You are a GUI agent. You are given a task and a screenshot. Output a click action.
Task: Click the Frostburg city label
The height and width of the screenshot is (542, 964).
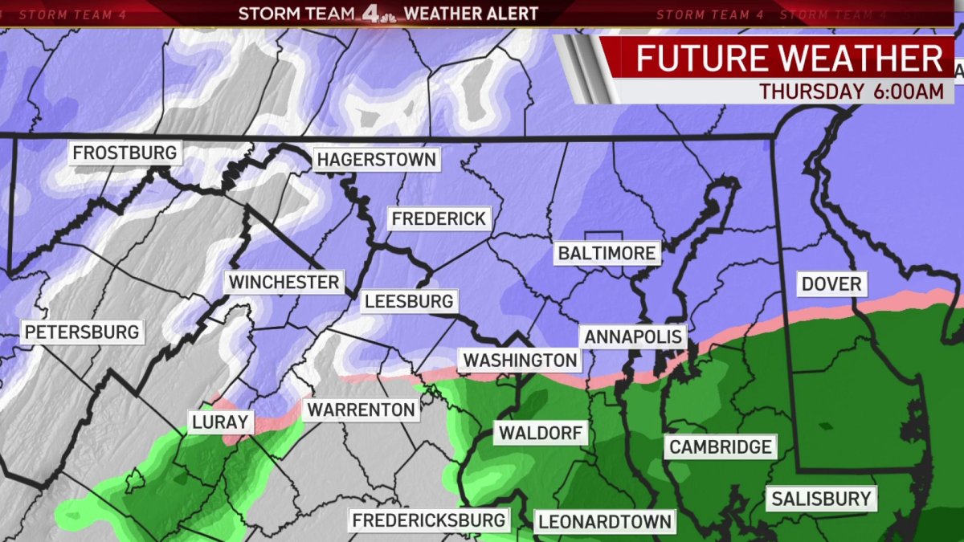(x=125, y=153)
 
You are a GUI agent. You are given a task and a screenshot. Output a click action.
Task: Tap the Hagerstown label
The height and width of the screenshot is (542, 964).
(x=376, y=159)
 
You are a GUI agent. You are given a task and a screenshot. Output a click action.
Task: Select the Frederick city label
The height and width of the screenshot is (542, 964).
(x=439, y=218)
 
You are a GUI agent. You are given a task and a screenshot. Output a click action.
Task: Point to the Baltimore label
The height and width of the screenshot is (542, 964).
(x=607, y=253)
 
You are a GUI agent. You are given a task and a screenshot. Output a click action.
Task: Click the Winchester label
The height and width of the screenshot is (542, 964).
(x=284, y=282)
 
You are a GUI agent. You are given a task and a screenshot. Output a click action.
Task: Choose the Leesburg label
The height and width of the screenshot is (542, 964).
(x=409, y=302)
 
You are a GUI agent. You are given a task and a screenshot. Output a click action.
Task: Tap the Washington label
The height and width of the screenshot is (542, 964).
(x=520, y=361)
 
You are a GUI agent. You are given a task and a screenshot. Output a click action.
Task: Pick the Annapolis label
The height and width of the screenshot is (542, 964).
(x=633, y=336)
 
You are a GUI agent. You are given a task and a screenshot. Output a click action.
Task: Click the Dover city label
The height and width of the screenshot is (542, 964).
(x=831, y=283)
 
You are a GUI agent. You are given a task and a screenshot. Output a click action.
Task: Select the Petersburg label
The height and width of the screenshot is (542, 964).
(x=81, y=332)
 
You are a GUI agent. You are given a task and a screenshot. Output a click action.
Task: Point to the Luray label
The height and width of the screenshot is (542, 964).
(x=219, y=422)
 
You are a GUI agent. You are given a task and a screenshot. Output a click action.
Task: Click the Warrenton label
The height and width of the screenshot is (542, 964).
(x=361, y=410)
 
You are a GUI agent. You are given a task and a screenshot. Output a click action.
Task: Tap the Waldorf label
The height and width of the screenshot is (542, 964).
(x=541, y=434)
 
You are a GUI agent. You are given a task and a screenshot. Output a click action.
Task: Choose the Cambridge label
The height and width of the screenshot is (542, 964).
(x=721, y=446)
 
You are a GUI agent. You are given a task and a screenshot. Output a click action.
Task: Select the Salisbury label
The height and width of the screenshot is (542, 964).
(x=821, y=499)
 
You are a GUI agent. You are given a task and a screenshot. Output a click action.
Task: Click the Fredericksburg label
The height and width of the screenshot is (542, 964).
(x=430, y=520)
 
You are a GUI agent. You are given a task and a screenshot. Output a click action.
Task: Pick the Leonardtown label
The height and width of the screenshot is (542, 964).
(x=605, y=521)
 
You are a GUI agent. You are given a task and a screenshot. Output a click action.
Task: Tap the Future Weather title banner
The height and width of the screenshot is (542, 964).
(x=790, y=59)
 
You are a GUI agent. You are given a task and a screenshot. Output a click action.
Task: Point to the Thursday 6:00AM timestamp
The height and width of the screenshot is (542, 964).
(x=852, y=92)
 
